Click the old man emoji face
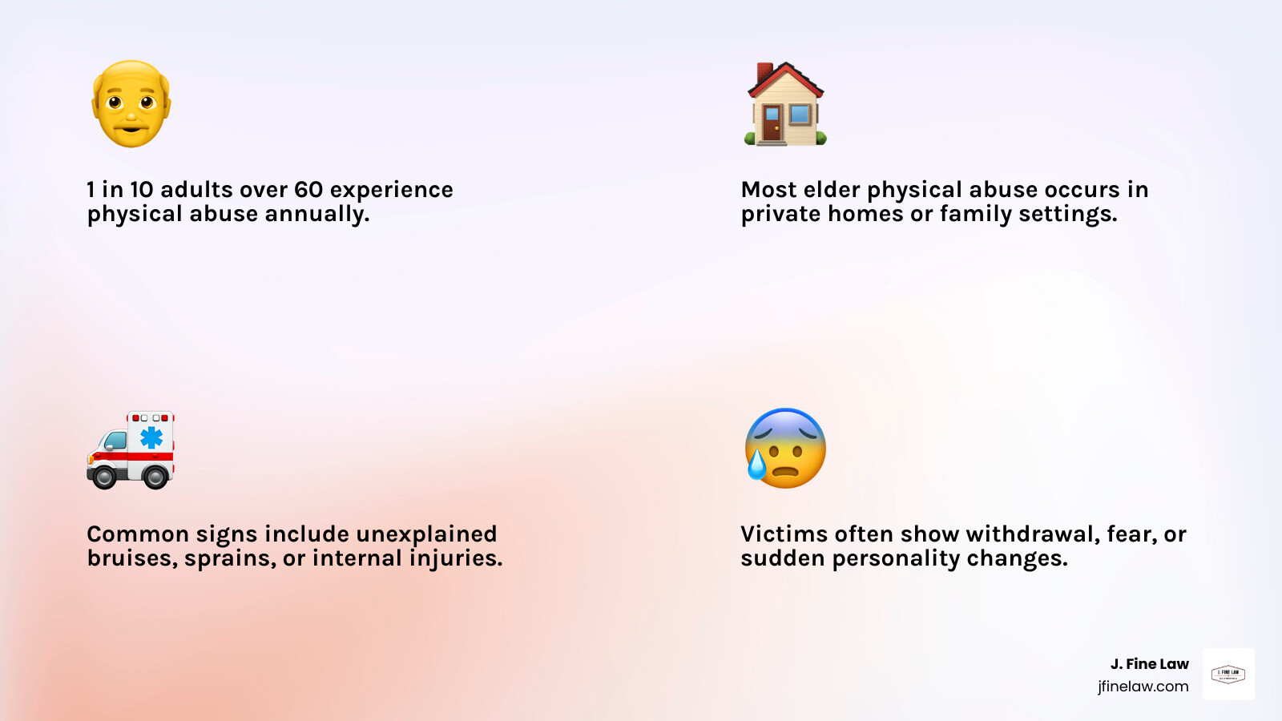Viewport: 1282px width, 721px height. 131,104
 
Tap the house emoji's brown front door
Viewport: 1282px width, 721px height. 772,123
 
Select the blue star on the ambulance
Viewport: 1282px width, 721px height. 151,437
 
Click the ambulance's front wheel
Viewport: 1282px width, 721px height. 105,477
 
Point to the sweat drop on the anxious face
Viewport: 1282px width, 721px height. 756,464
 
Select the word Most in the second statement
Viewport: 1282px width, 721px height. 768,190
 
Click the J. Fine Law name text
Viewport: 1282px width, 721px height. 1149,664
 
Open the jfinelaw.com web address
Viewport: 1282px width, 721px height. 1143,687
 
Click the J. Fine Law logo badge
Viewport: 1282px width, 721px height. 1228,675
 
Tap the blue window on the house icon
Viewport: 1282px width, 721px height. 800,114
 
